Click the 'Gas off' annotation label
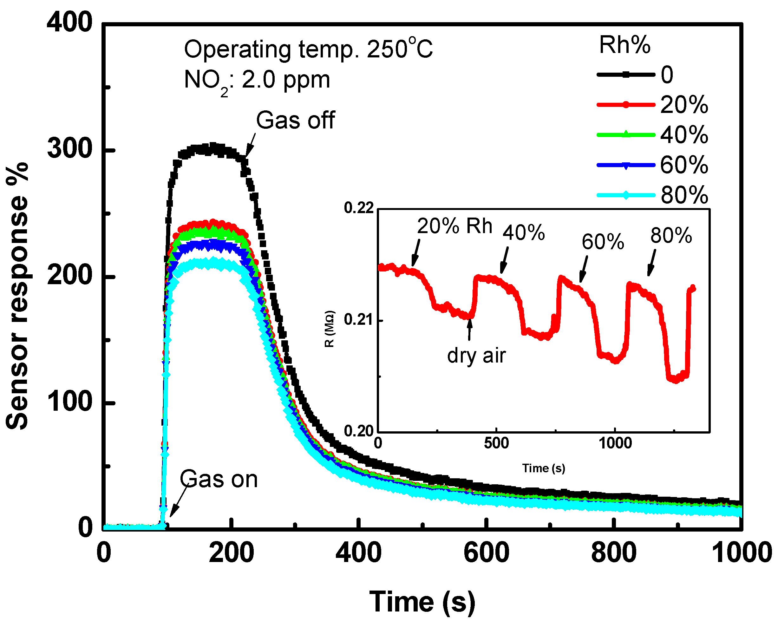[x=295, y=120]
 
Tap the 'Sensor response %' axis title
[x=17, y=296]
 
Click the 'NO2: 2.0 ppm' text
[x=257, y=81]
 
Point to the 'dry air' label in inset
[x=476, y=356]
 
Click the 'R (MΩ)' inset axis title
[x=330, y=329]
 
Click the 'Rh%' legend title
[x=624, y=45]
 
